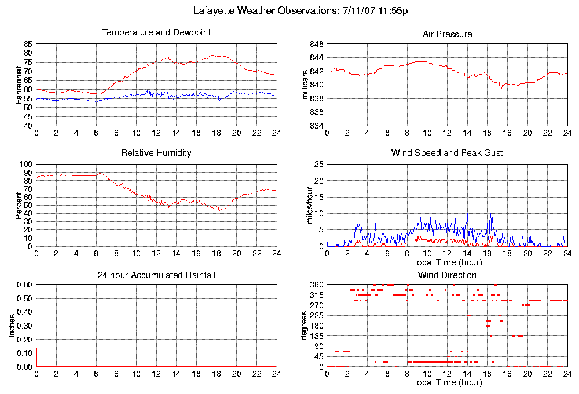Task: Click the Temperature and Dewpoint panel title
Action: [x=156, y=32]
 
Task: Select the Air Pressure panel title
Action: [x=447, y=34]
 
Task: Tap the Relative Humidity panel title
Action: [x=156, y=153]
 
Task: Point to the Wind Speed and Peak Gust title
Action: [x=447, y=153]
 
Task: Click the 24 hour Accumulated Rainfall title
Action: [x=156, y=275]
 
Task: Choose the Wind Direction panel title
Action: [x=447, y=275]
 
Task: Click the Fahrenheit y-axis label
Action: [x=19, y=85]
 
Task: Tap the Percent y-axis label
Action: [x=19, y=205]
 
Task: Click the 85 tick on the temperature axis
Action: [x=28, y=44]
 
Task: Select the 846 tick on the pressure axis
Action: [x=316, y=44]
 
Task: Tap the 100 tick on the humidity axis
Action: [x=26, y=165]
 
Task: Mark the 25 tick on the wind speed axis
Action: [x=317, y=165]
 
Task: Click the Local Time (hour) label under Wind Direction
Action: [x=446, y=382]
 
